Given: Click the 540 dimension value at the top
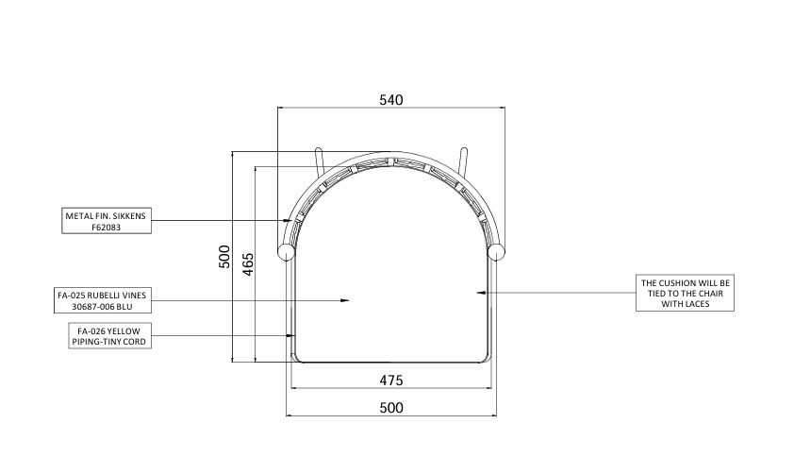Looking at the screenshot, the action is pyautogui.click(x=391, y=99).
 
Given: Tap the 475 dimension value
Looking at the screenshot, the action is pyautogui.click(x=391, y=381).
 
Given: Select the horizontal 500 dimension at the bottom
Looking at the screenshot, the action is pyautogui.click(x=391, y=408).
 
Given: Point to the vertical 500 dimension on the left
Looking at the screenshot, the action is pyautogui.click(x=224, y=257).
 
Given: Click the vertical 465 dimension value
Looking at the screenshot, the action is pyautogui.click(x=248, y=264).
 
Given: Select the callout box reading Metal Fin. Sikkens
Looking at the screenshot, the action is pyautogui.click(x=107, y=221).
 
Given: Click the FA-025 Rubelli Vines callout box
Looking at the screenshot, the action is pyautogui.click(x=103, y=300).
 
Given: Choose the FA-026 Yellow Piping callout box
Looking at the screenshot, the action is pyautogui.click(x=110, y=336).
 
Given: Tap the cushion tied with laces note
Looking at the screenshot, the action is pyautogui.click(x=685, y=294).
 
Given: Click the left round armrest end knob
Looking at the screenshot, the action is pyautogui.click(x=286, y=252).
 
